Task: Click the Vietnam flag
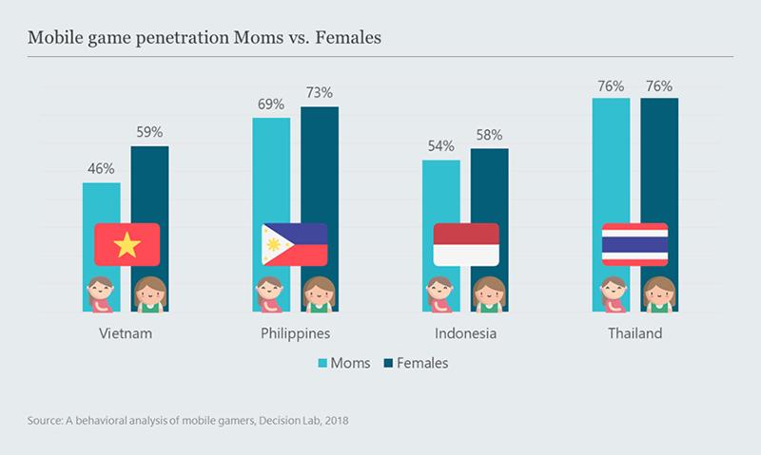[x=127, y=245]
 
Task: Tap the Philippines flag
[x=295, y=245]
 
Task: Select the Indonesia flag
[x=466, y=245]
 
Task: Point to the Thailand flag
[x=635, y=245]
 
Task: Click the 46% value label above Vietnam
[x=101, y=169]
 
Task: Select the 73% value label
[x=320, y=93]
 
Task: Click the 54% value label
[x=441, y=146]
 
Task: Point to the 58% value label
[x=490, y=135]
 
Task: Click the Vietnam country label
[x=126, y=334]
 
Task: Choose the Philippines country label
[x=295, y=334]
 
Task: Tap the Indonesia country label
[x=466, y=334]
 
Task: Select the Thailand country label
[x=635, y=334]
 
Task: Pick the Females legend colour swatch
[x=387, y=363]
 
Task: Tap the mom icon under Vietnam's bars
[x=100, y=294]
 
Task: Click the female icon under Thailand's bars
[x=659, y=294]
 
